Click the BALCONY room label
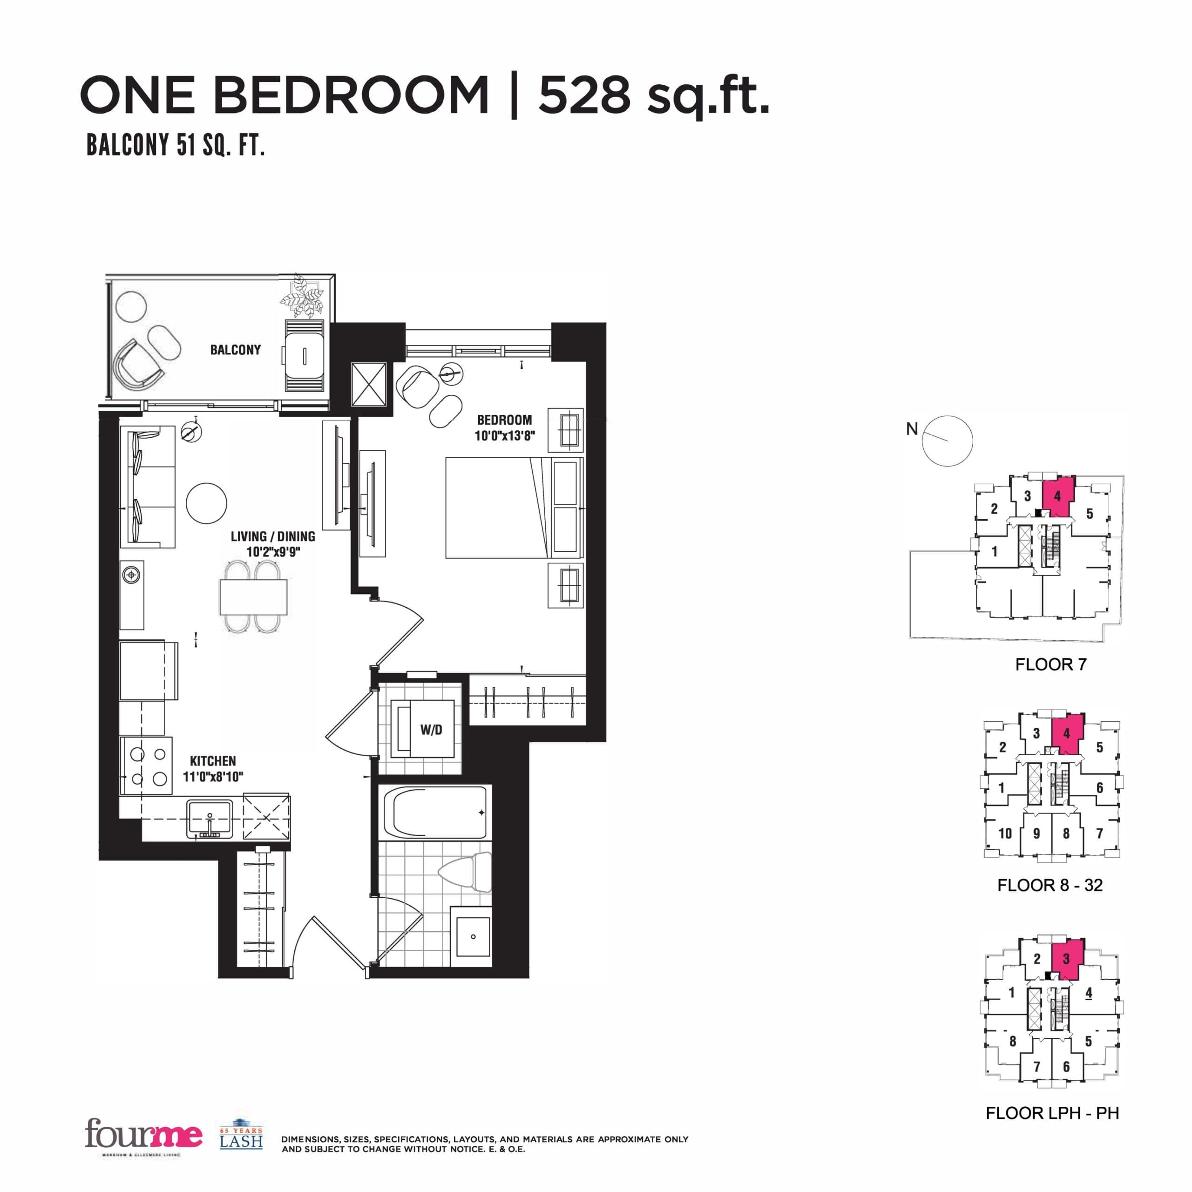point(235,350)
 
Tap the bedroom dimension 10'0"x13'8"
point(504,435)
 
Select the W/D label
point(431,730)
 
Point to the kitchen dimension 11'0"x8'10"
point(213,776)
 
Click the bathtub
point(434,813)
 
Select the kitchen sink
point(210,818)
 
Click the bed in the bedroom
point(496,508)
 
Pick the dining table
point(253,596)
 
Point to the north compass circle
point(947,440)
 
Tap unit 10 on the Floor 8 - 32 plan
point(1005,833)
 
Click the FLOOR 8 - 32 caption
point(1050,885)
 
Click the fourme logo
point(143,1134)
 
